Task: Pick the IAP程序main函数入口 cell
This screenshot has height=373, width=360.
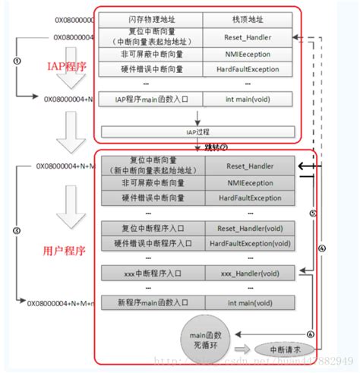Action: (x=144, y=98)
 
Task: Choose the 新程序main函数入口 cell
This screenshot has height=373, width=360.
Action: (x=144, y=304)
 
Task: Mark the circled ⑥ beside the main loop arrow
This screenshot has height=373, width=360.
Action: (x=310, y=334)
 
